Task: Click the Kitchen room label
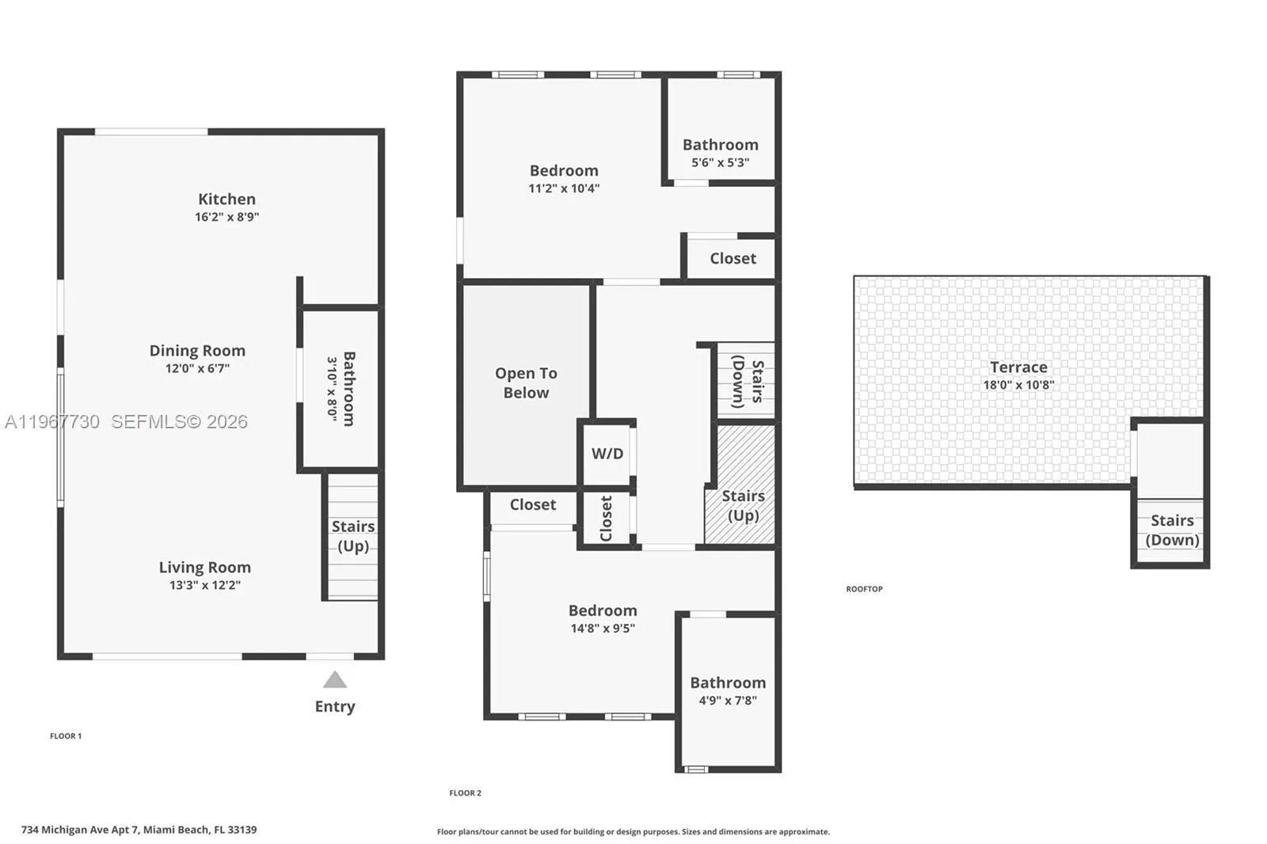click(x=226, y=200)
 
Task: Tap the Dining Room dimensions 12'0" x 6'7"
click(x=197, y=368)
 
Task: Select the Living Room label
click(x=204, y=568)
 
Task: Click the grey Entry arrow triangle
click(x=335, y=680)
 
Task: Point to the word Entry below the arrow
click(x=335, y=706)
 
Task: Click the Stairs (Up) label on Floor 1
click(x=353, y=536)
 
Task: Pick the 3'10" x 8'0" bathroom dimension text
click(x=332, y=388)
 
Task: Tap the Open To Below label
click(x=526, y=383)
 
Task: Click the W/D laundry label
click(x=607, y=454)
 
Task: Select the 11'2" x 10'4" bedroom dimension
click(x=564, y=188)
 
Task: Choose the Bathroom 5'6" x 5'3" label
click(x=721, y=145)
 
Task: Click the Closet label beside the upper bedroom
click(x=732, y=259)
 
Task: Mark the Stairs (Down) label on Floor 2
click(x=747, y=382)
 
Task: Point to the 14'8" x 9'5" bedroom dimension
click(x=603, y=629)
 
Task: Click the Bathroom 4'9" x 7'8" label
click(x=728, y=682)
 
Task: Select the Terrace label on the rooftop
click(x=1018, y=367)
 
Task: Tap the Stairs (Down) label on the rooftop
click(x=1172, y=530)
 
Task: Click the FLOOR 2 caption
click(x=465, y=793)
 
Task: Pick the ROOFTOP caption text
click(x=864, y=589)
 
